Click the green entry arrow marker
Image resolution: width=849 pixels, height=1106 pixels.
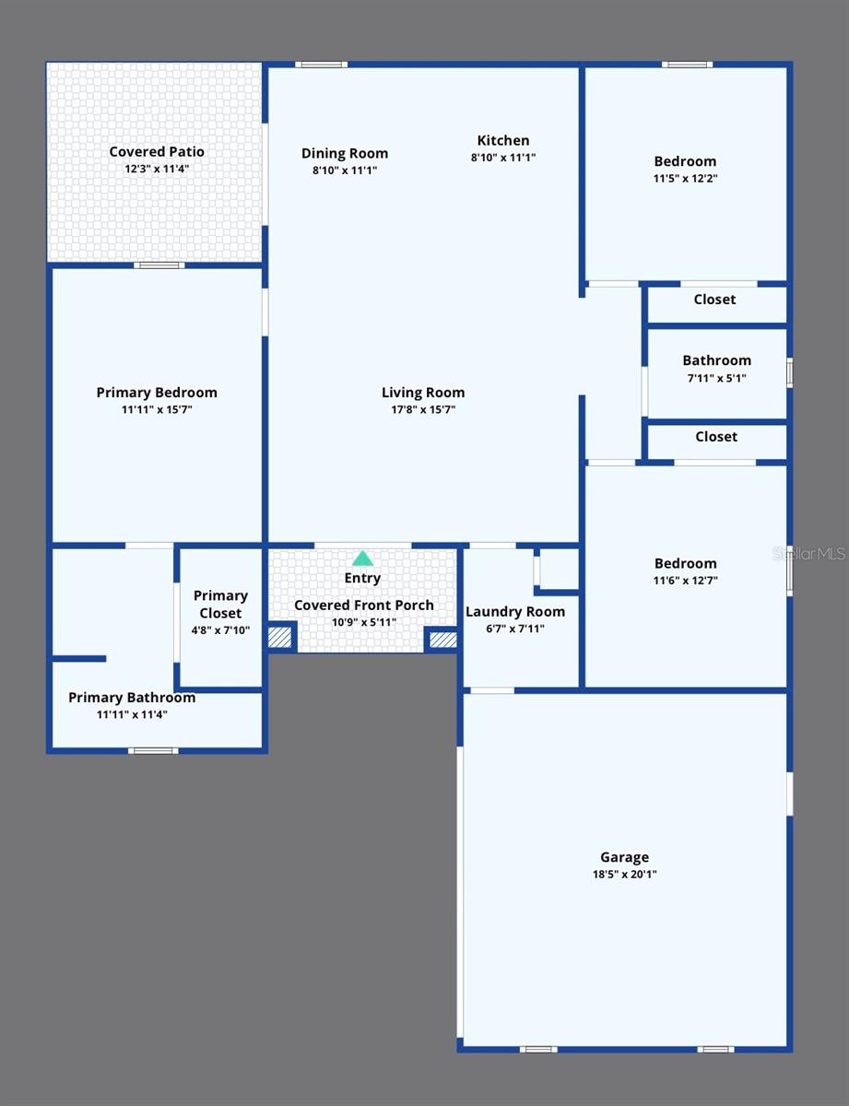coord(362,559)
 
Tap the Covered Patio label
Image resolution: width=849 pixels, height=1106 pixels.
coord(157,152)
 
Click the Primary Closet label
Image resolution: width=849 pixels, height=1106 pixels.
coord(220,605)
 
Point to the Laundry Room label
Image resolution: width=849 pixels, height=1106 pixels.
coord(515,612)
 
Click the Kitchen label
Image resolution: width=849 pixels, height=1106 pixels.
coord(503,140)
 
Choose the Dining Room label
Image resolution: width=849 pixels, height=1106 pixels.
coord(345,153)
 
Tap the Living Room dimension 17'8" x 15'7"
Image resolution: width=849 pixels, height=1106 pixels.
coord(423,409)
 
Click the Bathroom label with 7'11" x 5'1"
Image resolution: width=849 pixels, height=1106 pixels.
coord(716,360)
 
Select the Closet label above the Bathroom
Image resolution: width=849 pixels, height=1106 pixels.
coord(714,300)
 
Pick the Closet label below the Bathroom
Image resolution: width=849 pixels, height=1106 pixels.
coord(716,437)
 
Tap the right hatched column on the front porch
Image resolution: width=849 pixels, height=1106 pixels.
coord(442,639)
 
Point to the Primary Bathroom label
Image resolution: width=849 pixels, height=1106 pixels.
coord(132,698)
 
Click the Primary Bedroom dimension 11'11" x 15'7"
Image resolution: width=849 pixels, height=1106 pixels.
coord(157,409)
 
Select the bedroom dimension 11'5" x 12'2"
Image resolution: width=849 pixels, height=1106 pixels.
coord(685,179)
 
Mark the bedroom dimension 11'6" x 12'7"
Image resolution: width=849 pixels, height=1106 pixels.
coord(685,581)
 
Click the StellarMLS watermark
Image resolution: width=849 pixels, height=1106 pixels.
coord(808,554)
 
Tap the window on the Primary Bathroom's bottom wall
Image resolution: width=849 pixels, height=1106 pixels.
coord(153,750)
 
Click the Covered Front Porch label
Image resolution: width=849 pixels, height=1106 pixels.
coord(363,606)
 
